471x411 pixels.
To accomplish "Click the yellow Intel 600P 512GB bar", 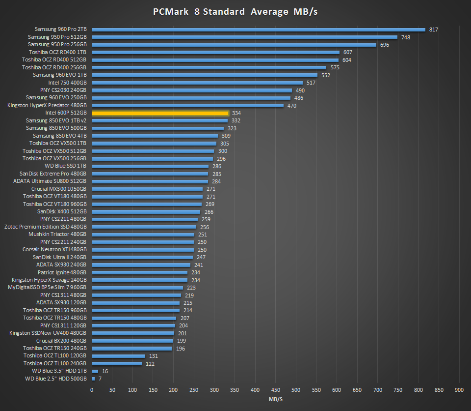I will [x=160, y=113].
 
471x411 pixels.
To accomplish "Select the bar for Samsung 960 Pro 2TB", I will [x=259, y=29].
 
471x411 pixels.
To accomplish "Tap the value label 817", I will [x=433, y=29].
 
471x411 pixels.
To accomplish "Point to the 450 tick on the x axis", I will [x=276, y=390].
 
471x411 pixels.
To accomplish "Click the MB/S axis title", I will [x=276, y=399].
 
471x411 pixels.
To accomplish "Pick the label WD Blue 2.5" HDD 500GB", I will [x=56, y=379].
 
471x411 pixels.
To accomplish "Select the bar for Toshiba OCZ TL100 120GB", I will [x=119, y=356].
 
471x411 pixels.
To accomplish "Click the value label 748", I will [x=405, y=37].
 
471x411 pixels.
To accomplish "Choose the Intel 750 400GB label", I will [x=67, y=83].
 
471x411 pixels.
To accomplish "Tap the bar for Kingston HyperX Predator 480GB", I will [x=187, y=105].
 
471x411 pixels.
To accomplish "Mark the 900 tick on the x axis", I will [x=459, y=390].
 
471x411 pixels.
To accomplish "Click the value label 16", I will [x=105, y=371].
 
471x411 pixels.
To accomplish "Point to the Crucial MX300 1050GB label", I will [x=59, y=189].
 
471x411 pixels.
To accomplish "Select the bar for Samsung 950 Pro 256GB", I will [x=234, y=45].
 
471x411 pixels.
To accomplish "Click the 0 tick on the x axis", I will [x=92, y=390].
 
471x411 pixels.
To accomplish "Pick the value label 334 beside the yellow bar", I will [x=236, y=113].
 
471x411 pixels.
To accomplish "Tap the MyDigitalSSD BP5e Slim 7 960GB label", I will [x=48, y=288].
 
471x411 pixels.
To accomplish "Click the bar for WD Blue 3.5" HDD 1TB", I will [x=95, y=371].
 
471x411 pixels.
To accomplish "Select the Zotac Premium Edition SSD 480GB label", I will [x=46, y=227].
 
